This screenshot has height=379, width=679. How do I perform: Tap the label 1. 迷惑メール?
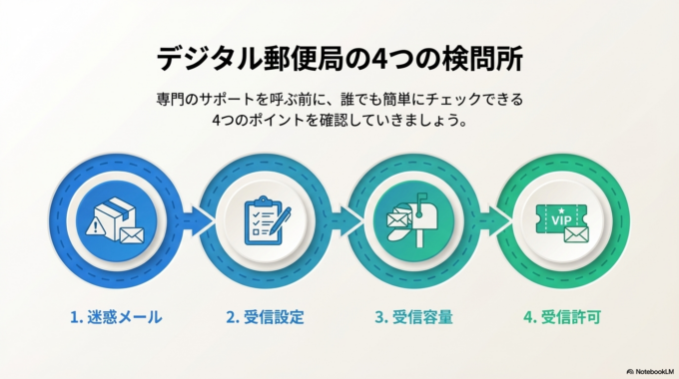(116, 318)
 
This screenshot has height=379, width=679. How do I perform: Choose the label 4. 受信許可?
(563, 318)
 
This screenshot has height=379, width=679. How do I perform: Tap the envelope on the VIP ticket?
(575, 233)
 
